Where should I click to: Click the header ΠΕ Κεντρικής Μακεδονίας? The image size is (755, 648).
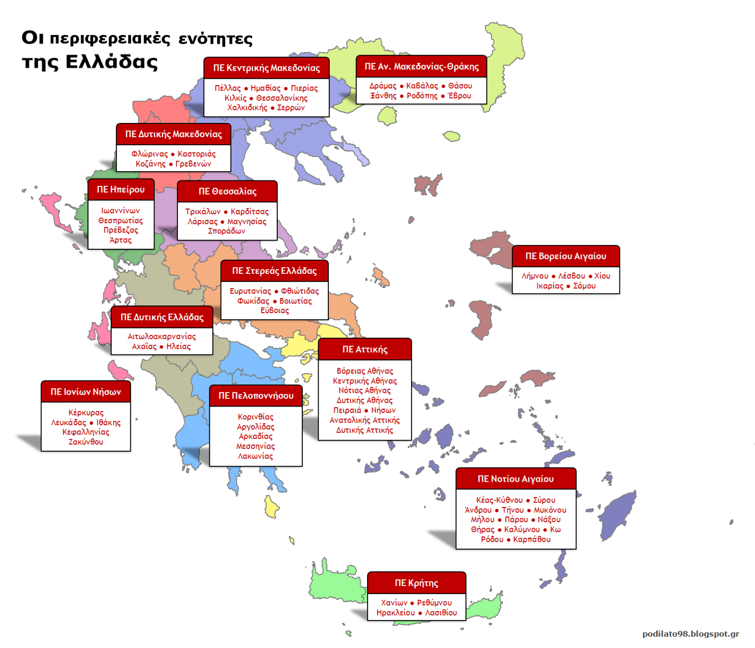[x=266, y=68]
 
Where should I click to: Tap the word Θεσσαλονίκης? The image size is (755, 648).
[x=282, y=98]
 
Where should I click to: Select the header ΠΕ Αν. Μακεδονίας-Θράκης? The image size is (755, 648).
[x=421, y=66]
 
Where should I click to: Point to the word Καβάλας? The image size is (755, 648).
[x=422, y=86]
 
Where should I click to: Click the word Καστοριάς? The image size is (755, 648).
[x=197, y=154]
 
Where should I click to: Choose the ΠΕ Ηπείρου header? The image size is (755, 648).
[x=120, y=189]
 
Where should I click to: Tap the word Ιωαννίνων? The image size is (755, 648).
[x=120, y=210]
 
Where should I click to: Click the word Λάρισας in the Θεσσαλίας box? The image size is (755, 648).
[x=203, y=221]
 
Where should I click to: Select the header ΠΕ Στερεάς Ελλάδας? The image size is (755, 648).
[x=274, y=270]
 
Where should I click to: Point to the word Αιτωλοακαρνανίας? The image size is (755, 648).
[x=162, y=336]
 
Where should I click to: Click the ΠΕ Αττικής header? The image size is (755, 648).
[x=365, y=349]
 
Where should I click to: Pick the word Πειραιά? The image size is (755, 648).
[x=347, y=410]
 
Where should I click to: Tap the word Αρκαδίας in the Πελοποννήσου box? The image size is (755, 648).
[x=256, y=436]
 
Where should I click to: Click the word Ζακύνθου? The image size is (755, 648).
[x=86, y=442]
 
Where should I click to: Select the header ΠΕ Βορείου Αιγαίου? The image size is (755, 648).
[x=566, y=256]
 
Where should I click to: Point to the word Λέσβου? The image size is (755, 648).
[x=572, y=276]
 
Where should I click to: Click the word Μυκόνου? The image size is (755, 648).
[x=550, y=510]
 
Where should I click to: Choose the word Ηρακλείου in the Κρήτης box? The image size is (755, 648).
[x=396, y=613]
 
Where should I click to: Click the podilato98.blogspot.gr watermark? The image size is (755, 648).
[x=691, y=634]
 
